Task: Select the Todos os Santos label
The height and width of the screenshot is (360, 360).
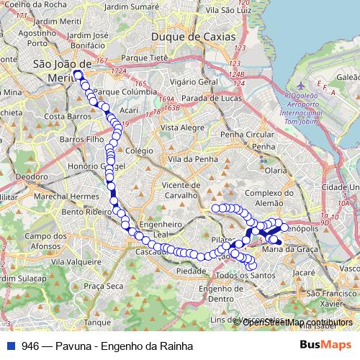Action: (x=246, y=275)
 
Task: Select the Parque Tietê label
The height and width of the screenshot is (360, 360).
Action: (x=144, y=58)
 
